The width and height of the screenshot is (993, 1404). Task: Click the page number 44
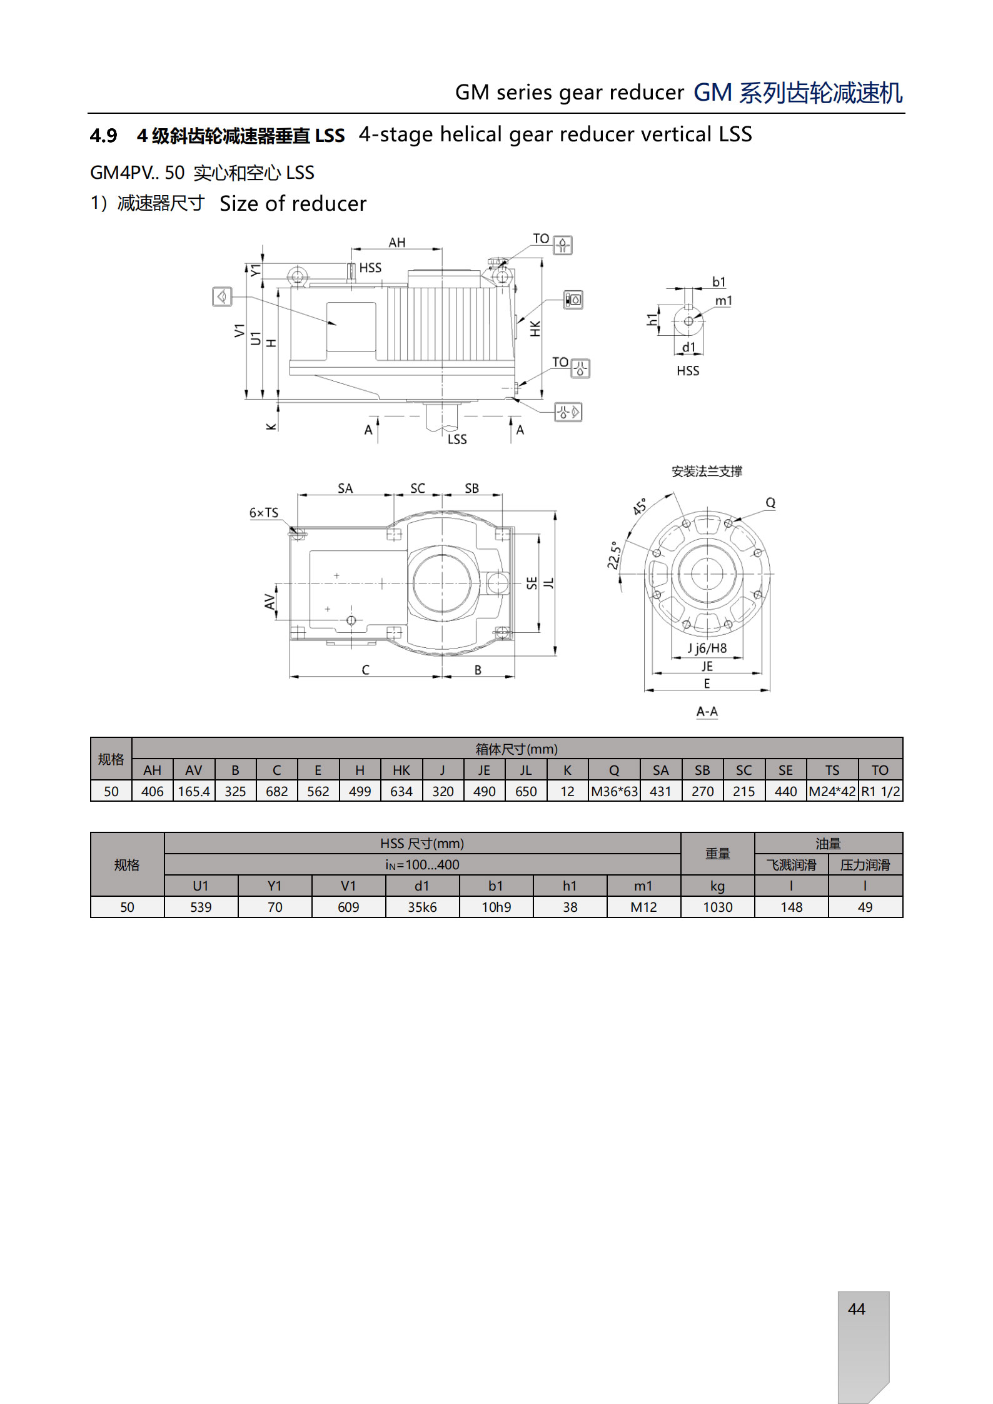pyautogui.click(x=856, y=1309)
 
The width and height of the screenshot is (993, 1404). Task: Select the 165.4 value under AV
pyautogui.click(x=194, y=791)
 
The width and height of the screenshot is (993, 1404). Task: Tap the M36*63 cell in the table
pyautogui.click(x=614, y=791)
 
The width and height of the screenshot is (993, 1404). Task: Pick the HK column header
pyautogui.click(x=401, y=770)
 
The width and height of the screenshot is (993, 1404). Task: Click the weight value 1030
pyautogui.click(x=717, y=907)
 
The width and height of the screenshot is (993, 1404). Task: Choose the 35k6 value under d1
pyautogui.click(x=422, y=907)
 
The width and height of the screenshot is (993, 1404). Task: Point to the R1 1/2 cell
pyautogui.click(x=880, y=791)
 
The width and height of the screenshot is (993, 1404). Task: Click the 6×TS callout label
pyautogui.click(x=264, y=513)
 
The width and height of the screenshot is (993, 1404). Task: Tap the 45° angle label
pyautogui.click(x=640, y=507)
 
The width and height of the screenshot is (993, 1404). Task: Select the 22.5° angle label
pyautogui.click(x=614, y=555)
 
